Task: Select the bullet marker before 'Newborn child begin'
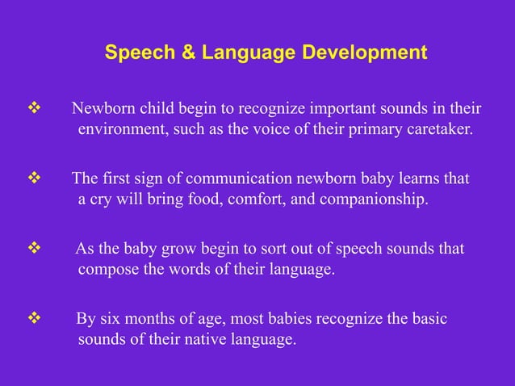point(34,109)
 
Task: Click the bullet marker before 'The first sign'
point(34,178)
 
